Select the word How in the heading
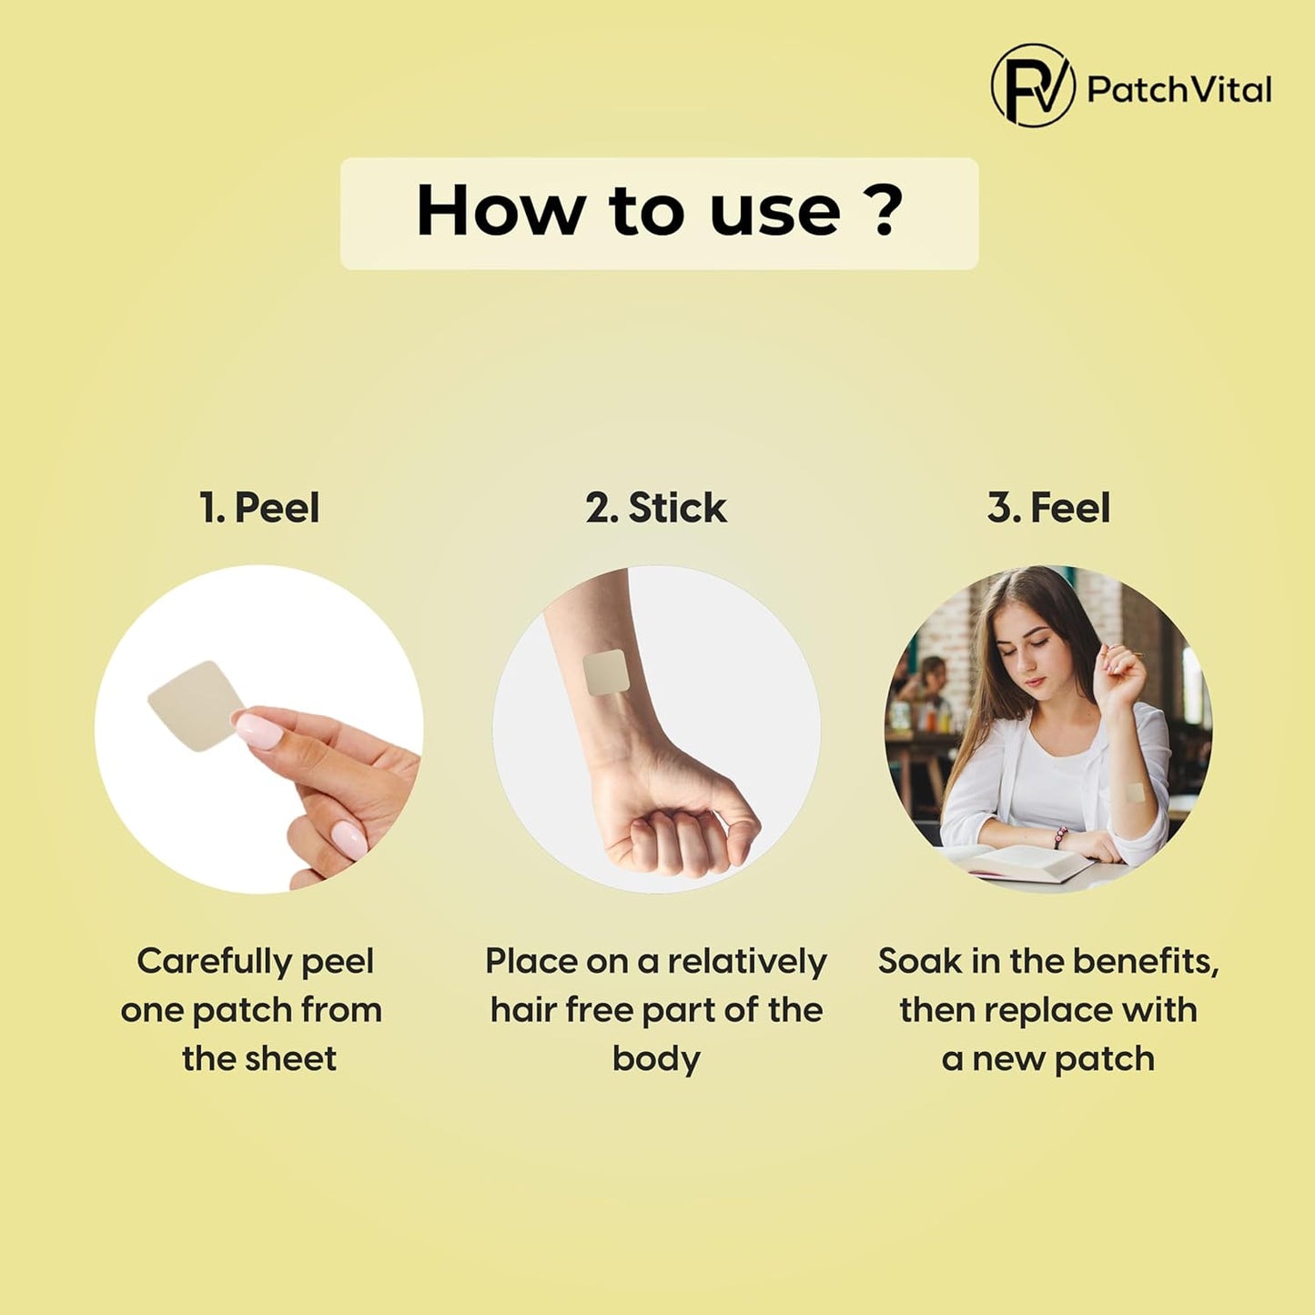(498, 210)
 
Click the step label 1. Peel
(259, 509)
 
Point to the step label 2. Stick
(656, 509)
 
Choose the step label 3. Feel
(1049, 509)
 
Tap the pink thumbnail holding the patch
(258, 729)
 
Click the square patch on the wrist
(605, 673)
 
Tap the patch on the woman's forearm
(1134, 793)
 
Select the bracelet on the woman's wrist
(1060, 837)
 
